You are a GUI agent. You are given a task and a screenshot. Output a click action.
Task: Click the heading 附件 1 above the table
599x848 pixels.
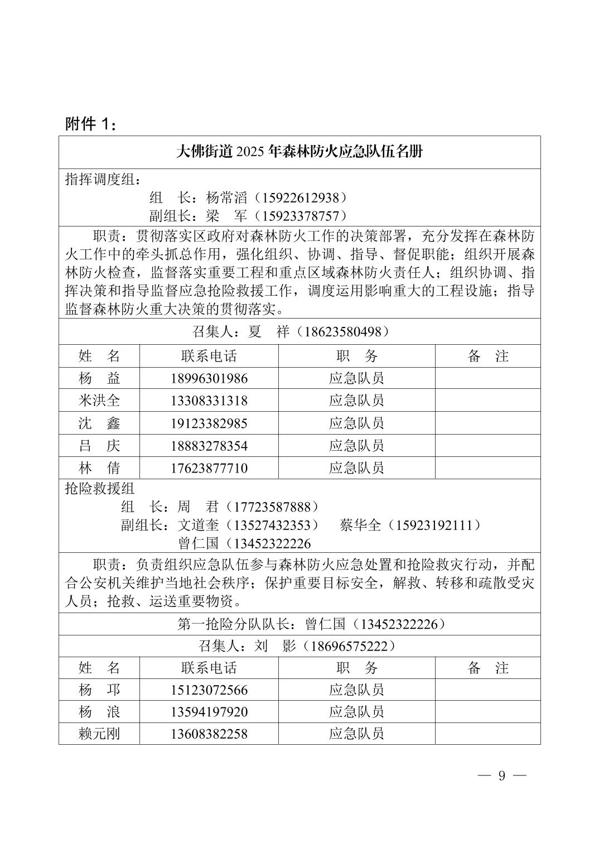click(91, 124)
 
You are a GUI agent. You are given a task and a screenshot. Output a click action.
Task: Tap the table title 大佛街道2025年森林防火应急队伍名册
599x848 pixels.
click(299, 152)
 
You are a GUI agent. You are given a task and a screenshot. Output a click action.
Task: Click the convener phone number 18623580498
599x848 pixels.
click(343, 332)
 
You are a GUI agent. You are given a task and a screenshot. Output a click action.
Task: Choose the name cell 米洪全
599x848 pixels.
click(99, 401)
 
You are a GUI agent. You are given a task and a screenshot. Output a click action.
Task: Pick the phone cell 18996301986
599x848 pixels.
click(209, 378)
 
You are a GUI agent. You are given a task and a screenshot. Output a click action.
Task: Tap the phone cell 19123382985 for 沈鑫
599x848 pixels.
click(209, 423)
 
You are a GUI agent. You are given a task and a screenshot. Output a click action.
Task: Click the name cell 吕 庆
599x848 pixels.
click(99, 446)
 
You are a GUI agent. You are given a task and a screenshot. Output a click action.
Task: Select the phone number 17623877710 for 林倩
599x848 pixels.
click(209, 468)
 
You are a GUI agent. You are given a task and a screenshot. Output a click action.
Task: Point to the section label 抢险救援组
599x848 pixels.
click(100, 489)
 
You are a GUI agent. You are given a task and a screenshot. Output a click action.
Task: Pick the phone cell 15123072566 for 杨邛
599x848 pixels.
click(209, 690)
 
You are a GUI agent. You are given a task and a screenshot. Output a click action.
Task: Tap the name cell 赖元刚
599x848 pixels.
click(99, 734)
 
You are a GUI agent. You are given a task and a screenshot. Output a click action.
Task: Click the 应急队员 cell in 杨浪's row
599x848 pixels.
click(356, 712)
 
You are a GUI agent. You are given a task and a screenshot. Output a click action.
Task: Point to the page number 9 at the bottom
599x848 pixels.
click(501, 776)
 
